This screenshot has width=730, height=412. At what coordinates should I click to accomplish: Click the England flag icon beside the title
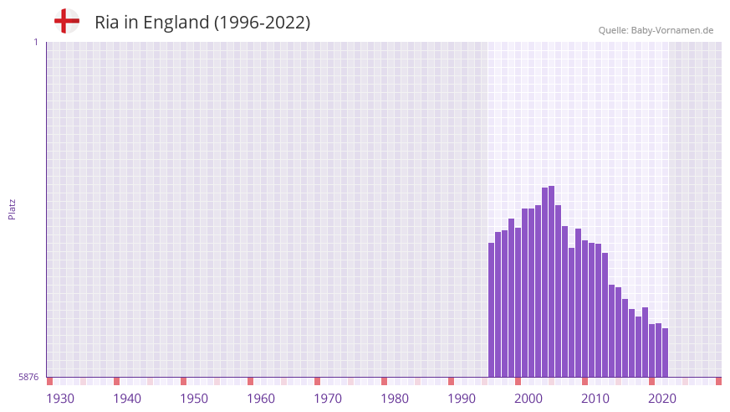pos(67,22)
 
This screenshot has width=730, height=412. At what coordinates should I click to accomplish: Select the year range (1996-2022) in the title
pos(262,23)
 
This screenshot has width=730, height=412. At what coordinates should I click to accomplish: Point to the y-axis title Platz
pos(12,209)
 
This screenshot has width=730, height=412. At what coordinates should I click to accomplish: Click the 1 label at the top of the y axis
pos(35,42)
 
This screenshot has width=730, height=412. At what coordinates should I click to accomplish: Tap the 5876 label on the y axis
pos(28,378)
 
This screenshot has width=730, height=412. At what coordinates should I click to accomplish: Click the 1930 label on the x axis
pos(60,399)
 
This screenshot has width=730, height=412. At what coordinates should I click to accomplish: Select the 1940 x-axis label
pos(127,399)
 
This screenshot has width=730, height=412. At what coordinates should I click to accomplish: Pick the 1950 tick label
pos(194,399)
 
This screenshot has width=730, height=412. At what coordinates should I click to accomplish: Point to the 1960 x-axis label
pos(261,399)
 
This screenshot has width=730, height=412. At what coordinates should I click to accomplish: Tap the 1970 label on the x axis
pos(328,399)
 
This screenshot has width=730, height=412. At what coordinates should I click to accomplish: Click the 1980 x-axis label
pos(395,399)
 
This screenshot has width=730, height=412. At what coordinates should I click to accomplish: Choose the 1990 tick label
pos(462,399)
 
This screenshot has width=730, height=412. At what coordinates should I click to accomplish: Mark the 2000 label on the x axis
pos(528,399)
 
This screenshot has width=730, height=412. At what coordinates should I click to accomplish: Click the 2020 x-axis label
pos(662,399)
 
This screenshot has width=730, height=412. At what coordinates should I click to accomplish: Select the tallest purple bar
pos(552,281)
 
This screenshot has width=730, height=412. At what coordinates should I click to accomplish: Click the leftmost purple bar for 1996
pos(492,310)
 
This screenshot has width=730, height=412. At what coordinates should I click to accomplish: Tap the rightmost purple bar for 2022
pos(666,353)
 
